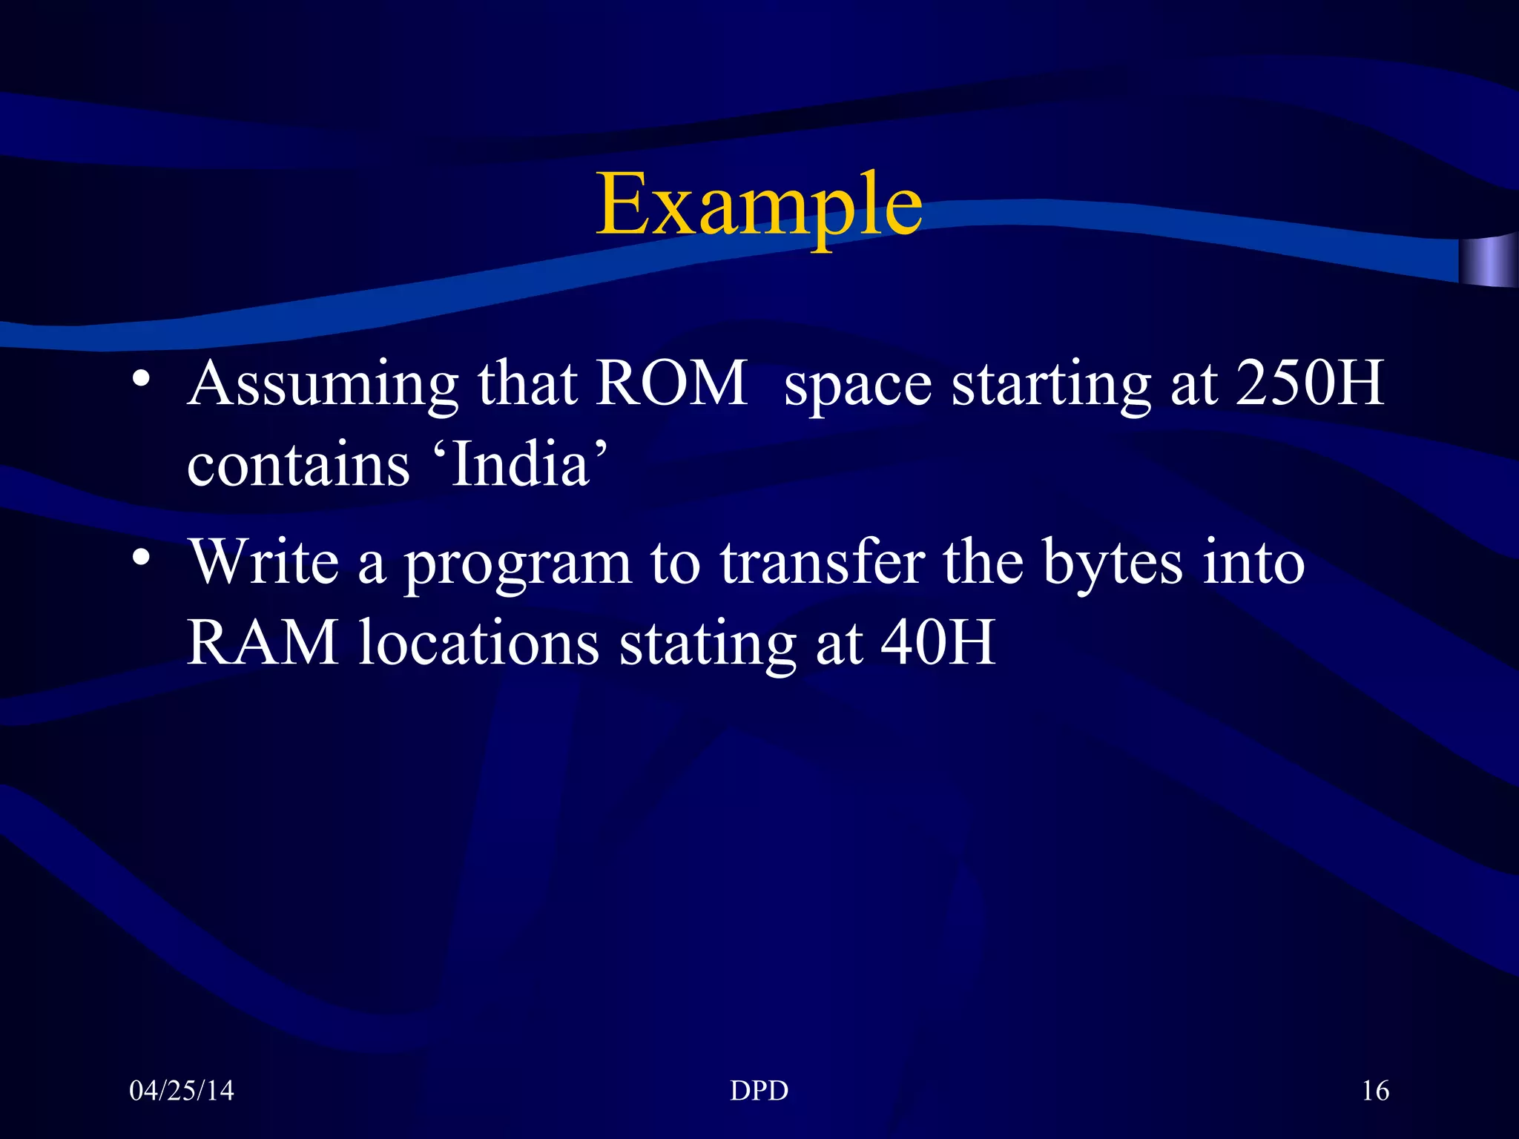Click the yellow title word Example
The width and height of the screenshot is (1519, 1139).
pyautogui.click(x=759, y=204)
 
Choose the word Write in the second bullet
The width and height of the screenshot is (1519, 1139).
pyautogui.click(x=264, y=561)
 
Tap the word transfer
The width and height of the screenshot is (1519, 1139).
pyautogui.click(x=823, y=561)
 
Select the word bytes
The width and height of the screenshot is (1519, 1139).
pyautogui.click(x=1113, y=565)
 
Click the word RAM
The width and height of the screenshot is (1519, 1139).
pyautogui.click(x=263, y=642)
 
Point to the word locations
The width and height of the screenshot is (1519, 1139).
pyautogui.click(x=479, y=642)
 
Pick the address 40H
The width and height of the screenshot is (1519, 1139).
pyautogui.click(x=938, y=642)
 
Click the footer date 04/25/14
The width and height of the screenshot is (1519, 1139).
pyautogui.click(x=181, y=1091)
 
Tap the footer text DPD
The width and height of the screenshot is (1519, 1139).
pyautogui.click(x=759, y=1091)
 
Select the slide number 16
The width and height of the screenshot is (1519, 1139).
pyautogui.click(x=1375, y=1091)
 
